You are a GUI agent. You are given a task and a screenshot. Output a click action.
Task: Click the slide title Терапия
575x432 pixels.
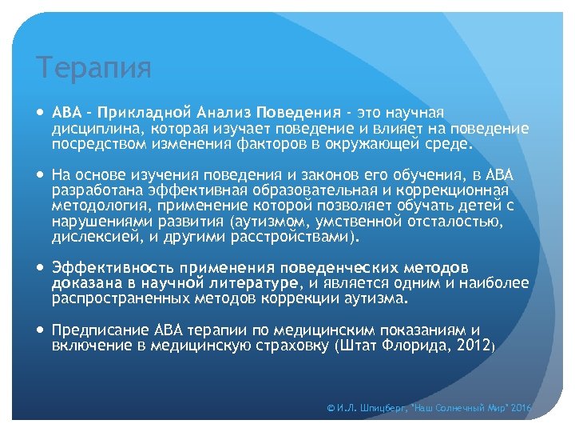(x=93, y=68)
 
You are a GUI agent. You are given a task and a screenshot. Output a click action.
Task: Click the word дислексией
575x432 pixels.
(x=89, y=238)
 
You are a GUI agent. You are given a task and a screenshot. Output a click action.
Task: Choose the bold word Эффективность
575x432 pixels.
(x=113, y=267)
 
